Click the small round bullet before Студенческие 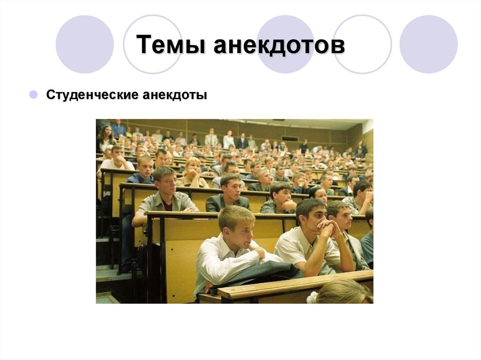point(33,95)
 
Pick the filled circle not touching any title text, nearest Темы point(85,44)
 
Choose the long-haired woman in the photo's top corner point(106,136)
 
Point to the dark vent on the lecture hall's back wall point(290,138)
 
